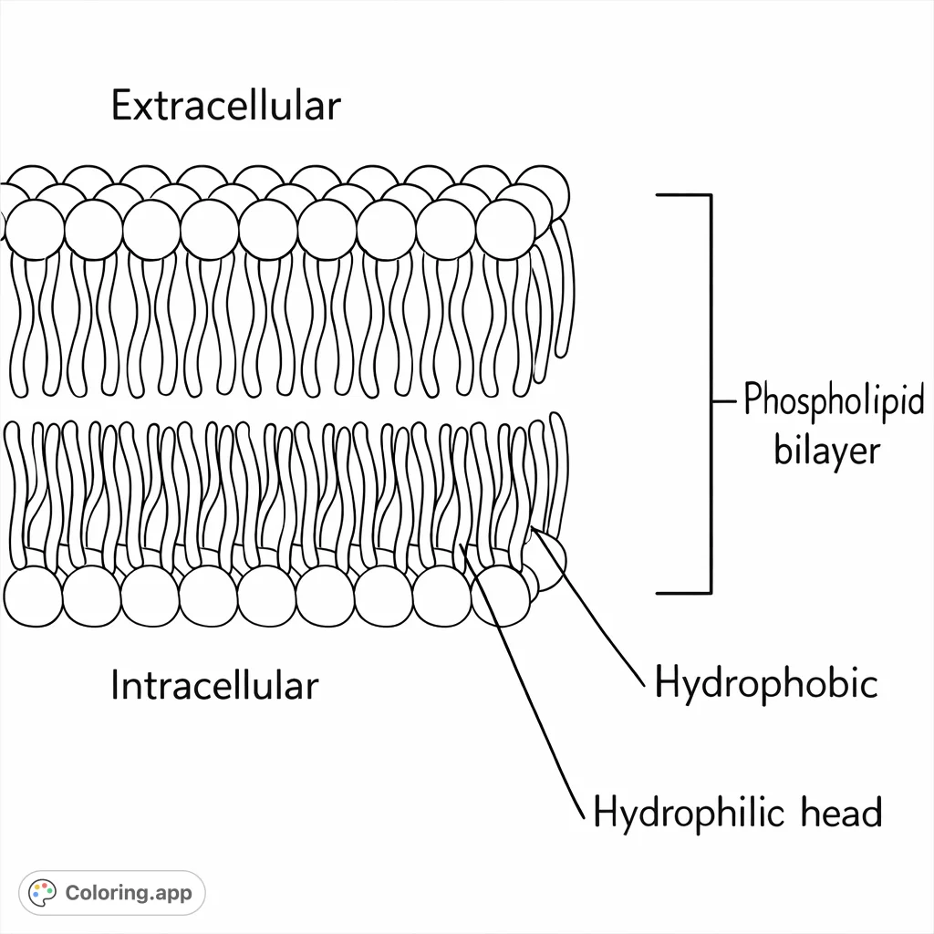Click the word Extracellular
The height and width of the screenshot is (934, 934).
(x=225, y=106)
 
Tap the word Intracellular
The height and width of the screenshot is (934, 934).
(x=214, y=686)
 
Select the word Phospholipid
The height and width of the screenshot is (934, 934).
(x=834, y=402)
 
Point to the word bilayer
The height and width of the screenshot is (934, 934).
(x=827, y=451)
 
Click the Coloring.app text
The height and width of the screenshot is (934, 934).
(x=129, y=892)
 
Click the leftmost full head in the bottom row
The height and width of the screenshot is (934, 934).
(x=33, y=596)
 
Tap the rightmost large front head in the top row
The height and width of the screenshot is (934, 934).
(x=504, y=227)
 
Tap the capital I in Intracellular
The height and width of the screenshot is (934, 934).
(x=115, y=686)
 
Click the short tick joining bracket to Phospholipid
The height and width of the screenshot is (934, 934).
(x=722, y=400)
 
